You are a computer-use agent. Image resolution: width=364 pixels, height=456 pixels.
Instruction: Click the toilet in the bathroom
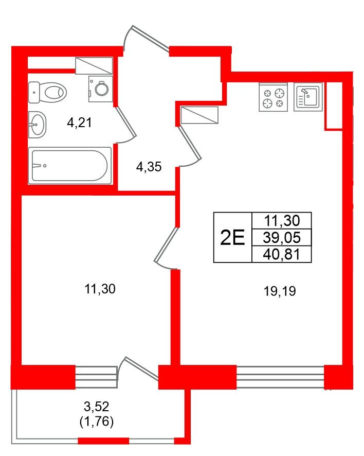coord(48,93)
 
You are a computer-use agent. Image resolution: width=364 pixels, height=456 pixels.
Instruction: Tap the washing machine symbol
coord(101,89)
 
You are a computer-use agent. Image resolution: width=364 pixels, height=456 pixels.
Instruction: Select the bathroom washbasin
coord(37,125)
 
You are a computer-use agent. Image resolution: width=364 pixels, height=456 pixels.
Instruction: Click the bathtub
coord(70,166)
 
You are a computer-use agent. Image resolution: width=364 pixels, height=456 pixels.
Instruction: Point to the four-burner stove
coord(274,97)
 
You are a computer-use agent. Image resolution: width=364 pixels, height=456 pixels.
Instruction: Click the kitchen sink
coord(308,97)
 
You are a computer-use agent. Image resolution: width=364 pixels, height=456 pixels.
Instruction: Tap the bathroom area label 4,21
coord(79,122)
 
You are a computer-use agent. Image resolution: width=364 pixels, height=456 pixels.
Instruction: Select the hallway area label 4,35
coord(149,167)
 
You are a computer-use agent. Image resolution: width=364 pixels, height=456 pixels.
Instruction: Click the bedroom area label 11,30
coord(100,289)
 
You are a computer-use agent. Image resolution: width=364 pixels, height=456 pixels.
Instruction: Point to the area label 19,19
coord(280,291)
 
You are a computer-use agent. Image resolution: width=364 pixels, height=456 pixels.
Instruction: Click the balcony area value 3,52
coord(97,406)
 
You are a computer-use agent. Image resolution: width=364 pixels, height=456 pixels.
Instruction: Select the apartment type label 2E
coord(232,237)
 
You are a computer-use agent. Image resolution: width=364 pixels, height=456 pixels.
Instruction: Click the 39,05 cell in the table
coord(282,238)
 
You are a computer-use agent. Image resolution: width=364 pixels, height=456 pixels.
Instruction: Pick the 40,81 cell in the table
coord(282,254)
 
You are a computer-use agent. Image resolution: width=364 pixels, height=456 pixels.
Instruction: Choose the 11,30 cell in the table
coord(282,221)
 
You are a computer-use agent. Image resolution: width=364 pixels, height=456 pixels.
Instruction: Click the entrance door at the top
coord(147,39)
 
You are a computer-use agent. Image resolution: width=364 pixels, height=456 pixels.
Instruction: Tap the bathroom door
coord(126,125)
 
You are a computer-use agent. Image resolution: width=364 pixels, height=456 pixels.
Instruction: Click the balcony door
coord(138,369)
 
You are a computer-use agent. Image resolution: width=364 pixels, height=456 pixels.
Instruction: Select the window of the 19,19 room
coord(280,377)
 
